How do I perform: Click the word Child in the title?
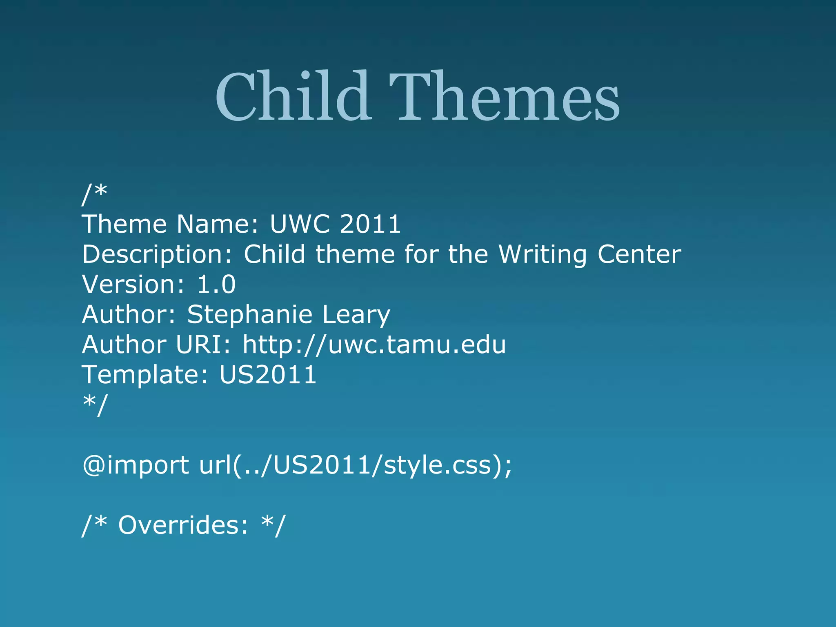click(x=293, y=97)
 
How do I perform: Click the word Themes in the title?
click(x=505, y=97)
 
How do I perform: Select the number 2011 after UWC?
click(x=370, y=224)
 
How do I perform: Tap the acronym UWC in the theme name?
click(x=300, y=224)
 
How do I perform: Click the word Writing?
click(x=543, y=255)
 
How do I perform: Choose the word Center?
click(x=639, y=255)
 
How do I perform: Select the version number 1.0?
click(x=216, y=285)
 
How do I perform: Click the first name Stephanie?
click(x=249, y=315)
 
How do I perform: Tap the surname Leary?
click(x=356, y=315)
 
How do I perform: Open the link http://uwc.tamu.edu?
click(x=374, y=345)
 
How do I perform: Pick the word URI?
click(x=204, y=345)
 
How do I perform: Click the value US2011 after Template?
click(x=268, y=375)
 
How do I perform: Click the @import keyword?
click(x=136, y=465)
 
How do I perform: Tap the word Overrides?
click(x=183, y=525)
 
